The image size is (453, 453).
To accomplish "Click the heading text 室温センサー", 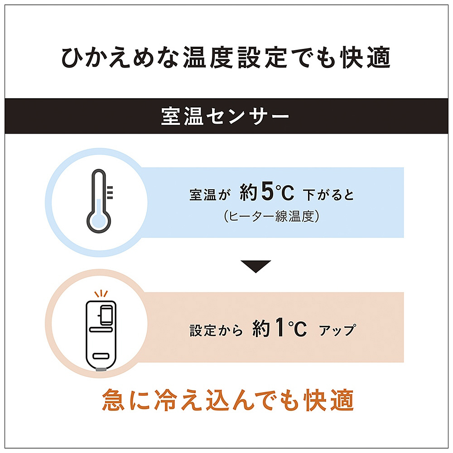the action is (x=225, y=116).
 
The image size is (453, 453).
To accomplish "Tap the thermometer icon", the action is (x=99, y=201).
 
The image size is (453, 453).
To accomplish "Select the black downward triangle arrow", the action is (x=255, y=266).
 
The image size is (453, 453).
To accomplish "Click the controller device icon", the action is (x=101, y=335).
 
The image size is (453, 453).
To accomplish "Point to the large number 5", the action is (x=267, y=191).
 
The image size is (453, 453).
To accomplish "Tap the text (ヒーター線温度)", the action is (x=271, y=216).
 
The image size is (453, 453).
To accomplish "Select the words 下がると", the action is (x=328, y=194).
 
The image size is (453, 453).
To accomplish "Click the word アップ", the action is (x=337, y=330).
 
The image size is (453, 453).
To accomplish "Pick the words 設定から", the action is (x=216, y=331).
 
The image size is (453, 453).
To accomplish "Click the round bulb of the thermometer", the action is (x=99, y=222).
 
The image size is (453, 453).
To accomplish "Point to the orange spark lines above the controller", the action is (x=101, y=294).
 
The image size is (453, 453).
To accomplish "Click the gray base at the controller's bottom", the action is (x=101, y=369).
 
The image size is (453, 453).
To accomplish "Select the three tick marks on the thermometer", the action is (x=110, y=193).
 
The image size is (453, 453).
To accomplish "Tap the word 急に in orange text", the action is (x=126, y=400).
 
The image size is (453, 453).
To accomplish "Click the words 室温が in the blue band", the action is (x=210, y=195).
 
